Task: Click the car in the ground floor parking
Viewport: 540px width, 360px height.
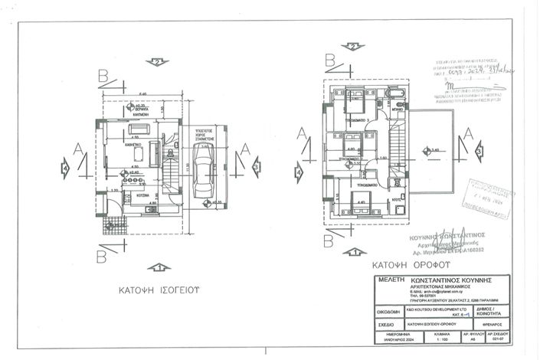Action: [204, 169]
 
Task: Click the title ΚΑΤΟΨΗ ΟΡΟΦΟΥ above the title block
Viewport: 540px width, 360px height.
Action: [402, 266]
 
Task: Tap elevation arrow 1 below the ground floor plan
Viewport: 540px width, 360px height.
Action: [159, 267]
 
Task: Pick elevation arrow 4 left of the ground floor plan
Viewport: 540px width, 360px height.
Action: [66, 165]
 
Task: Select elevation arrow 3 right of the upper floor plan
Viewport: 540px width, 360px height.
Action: [479, 152]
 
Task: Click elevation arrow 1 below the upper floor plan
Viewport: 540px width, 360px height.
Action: [353, 251]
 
